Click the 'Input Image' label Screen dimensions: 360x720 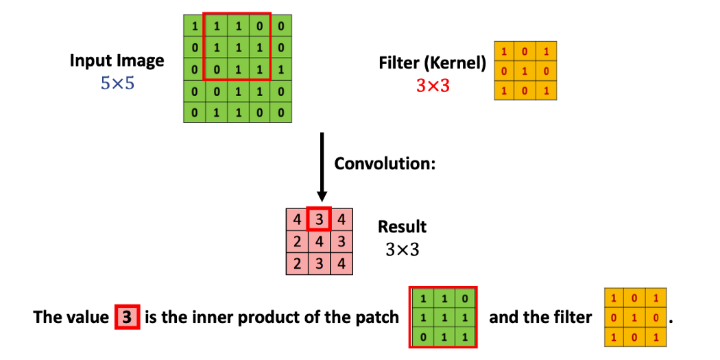[117, 60]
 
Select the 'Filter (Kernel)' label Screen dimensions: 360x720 [432, 64]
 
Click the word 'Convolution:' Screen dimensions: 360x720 [385, 165]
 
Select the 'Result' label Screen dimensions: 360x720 [403, 227]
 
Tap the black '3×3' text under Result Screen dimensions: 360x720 [403, 250]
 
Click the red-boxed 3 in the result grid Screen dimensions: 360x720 [319, 220]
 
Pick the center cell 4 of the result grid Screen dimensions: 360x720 [319, 241]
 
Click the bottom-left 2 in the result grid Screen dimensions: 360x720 [297, 263]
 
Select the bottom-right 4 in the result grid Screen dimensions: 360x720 [341, 263]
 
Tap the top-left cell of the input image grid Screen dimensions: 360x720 [195, 27]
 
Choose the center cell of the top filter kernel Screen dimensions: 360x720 [525, 71]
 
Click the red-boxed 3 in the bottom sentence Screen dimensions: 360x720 [127, 318]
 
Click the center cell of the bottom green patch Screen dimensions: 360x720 [443, 317]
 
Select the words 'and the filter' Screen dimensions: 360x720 [540, 318]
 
